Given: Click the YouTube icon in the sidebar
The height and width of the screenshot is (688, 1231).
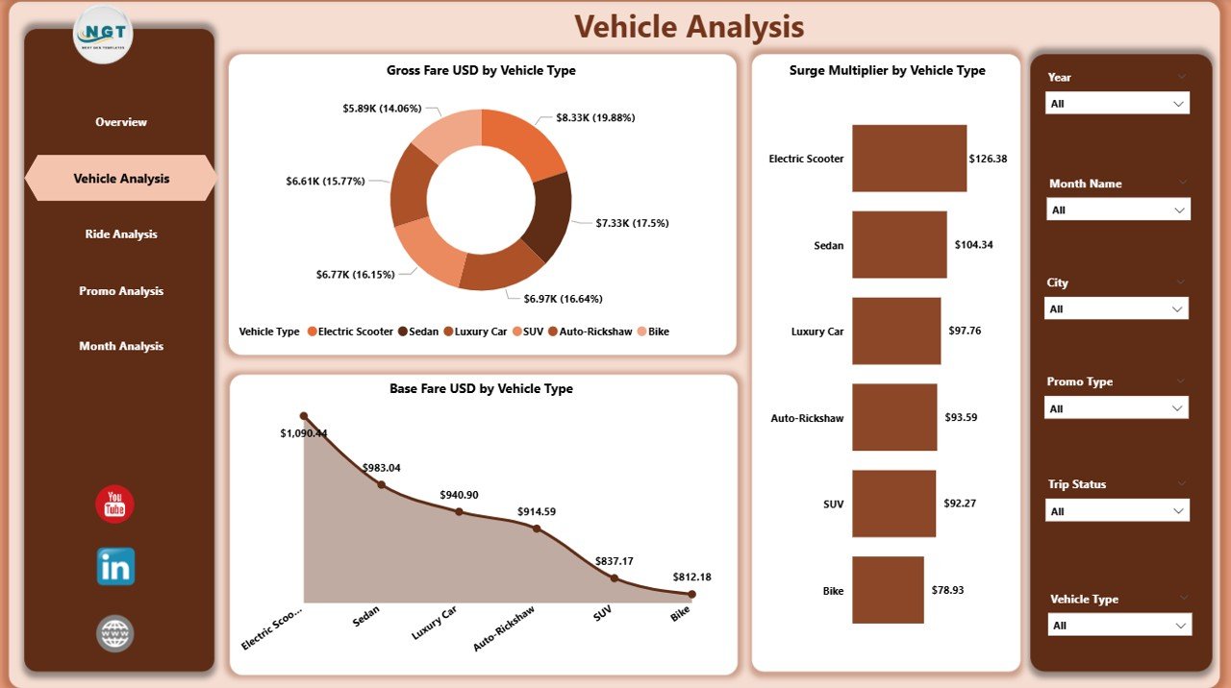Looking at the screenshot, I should pyautogui.click(x=114, y=504).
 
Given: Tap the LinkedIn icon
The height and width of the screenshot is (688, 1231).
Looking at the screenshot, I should pyautogui.click(x=115, y=567).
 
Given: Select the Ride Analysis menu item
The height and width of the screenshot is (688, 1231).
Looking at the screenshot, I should pyautogui.click(x=121, y=234).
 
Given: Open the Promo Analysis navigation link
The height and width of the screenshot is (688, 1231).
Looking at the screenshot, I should pyautogui.click(x=121, y=291).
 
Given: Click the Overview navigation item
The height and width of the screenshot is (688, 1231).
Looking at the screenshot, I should pyautogui.click(x=121, y=122).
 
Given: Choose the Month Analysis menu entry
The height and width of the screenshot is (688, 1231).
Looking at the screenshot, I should pyautogui.click(x=121, y=346).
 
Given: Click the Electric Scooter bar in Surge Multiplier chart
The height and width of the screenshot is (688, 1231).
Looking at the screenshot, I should pyautogui.click(x=909, y=159).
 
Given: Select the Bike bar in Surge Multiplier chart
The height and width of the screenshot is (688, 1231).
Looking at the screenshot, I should pyautogui.click(x=888, y=590).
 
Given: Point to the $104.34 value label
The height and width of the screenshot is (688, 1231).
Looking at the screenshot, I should pyautogui.click(x=973, y=245).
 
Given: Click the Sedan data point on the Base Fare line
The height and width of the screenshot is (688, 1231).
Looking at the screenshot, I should pyautogui.click(x=381, y=484).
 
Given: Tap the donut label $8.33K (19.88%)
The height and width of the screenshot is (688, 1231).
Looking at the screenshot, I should pyautogui.click(x=595, y=117).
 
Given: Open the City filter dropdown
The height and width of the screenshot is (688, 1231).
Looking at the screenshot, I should pyautogui.click(x=1117, y=308).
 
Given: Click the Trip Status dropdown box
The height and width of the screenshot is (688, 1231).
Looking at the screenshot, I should pyautogui.click(x=1117, y=510).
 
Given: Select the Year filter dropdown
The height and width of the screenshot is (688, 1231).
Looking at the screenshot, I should pyautogui.click(x=1117, y=103).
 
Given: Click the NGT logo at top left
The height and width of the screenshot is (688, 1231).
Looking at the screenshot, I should pyautogui.click(x=103, y=35).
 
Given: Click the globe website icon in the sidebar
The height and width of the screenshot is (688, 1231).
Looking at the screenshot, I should pyautogui.click(x=115, y=633).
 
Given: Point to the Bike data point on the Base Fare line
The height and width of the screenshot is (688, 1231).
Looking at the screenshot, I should pyautogui.click(x=691, y=594).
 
